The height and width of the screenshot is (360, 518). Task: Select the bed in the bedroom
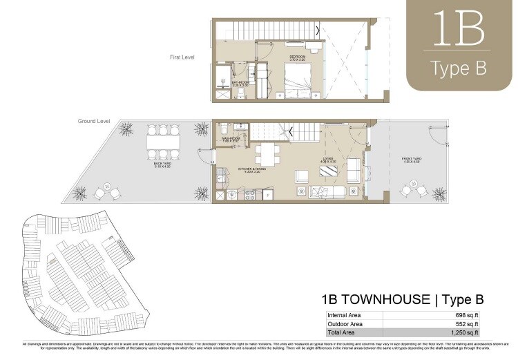(299, 81)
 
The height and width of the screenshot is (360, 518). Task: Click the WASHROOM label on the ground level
(231, 139)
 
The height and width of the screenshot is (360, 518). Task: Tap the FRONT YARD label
(412, 160)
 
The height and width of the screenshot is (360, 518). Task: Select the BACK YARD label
(163, 165)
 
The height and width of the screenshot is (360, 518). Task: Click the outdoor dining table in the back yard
(164, 142)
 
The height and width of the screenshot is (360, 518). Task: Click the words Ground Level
(94, 121)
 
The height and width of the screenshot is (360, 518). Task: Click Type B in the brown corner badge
(458, 68)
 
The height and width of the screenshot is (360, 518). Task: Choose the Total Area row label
(341, 333)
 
